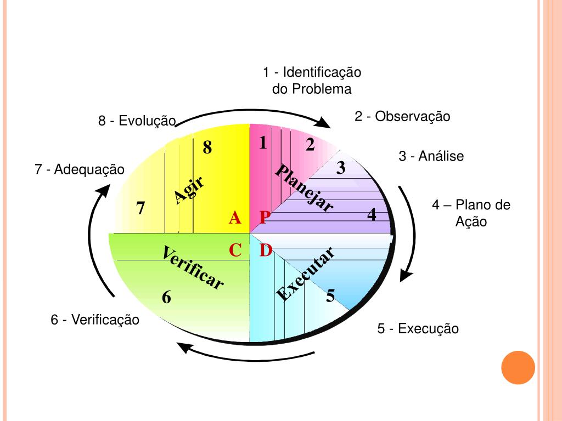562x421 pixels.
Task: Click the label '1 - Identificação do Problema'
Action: pos(312,80)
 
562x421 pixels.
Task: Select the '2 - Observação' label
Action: pos(402,116)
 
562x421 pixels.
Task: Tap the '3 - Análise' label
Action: pos(431,156)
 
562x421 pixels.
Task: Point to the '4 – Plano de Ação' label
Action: pos(471,213)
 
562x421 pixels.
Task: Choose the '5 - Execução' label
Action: pos(418,329)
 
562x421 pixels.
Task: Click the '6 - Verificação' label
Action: pos(95,319)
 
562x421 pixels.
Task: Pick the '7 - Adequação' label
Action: pos(80,170)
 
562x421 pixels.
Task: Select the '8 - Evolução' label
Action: pos(137,121)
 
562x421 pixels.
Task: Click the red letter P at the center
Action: pos(265,218)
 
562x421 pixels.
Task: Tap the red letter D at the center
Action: pos(266,251)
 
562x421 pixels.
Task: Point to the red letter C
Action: pos(235,251)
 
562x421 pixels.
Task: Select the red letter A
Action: pos(235,218)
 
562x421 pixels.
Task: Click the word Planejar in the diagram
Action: pos(304,187)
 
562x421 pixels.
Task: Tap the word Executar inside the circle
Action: pos(305,274)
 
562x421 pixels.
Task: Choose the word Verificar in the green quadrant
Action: pos(193,268)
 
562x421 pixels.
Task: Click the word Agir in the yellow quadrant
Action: pos(189,190)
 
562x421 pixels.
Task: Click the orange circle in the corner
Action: pos(518,367)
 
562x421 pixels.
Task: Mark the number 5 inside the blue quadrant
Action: pos(330,296)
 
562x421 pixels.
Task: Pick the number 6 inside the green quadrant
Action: pos(167,298)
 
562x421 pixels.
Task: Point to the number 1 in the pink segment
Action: pos(263,143)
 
